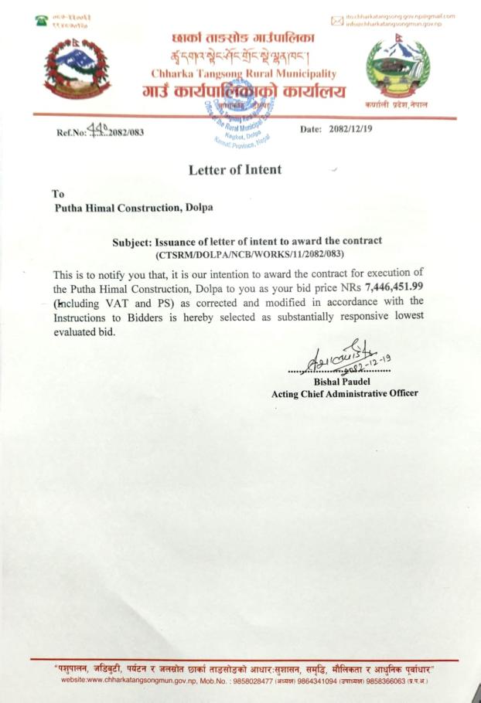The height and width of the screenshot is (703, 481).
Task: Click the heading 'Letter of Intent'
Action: [235, 169]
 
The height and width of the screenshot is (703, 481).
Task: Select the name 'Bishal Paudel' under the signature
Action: [343, 381]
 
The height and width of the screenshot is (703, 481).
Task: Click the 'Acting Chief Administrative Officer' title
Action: [345, 393]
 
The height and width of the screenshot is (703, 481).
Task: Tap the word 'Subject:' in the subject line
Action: [135, 241]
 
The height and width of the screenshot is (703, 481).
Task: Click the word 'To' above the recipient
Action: [59, 194]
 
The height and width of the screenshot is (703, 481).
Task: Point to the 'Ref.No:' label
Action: [72, 131]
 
